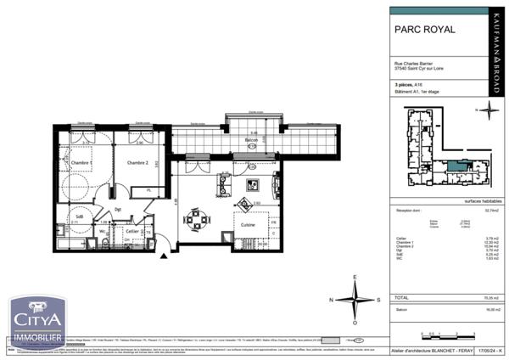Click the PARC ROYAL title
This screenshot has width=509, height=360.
(425, 29)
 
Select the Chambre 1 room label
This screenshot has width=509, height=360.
(81, 161)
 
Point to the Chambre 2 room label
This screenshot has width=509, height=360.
(138, 162)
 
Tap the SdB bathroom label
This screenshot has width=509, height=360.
(79, 217)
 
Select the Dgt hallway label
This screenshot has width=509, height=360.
(119, 210)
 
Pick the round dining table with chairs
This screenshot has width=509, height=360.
(198, 221)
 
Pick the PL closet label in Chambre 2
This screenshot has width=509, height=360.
(148, 192)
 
